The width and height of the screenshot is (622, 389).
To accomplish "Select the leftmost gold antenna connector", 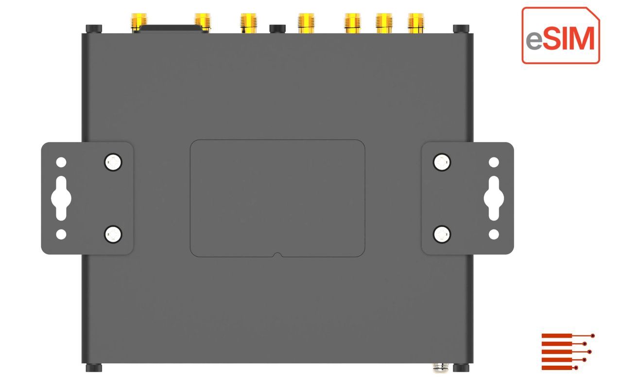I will (138, 22).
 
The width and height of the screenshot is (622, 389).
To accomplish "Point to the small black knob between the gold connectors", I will (277, 28).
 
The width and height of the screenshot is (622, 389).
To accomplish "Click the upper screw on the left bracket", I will (113, 162).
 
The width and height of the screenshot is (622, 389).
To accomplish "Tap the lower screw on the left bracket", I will (113, 234).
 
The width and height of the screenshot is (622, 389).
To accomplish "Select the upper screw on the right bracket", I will (441, 162).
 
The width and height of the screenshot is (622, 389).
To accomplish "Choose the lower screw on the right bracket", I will (441, 234).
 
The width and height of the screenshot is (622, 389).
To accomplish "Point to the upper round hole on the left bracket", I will (61, 162).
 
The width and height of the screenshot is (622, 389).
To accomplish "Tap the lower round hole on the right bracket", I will (493, 234).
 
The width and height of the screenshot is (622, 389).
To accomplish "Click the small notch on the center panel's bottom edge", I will (277, 254).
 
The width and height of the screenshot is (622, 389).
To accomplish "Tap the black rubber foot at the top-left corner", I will (94, 29).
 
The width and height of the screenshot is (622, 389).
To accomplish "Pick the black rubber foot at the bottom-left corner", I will (94, 368).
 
